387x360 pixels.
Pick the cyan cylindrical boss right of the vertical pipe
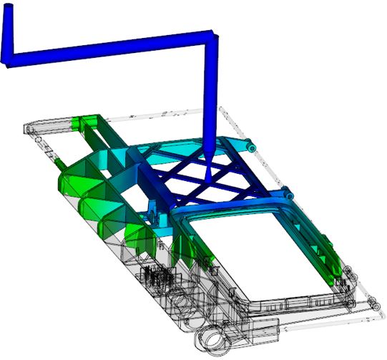click(251, 146)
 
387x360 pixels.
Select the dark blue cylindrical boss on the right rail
click(288, 193)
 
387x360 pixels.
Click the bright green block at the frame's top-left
click(89, 122)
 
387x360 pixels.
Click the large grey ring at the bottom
click(212, 339)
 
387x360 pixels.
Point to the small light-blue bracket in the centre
click(153, 210)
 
